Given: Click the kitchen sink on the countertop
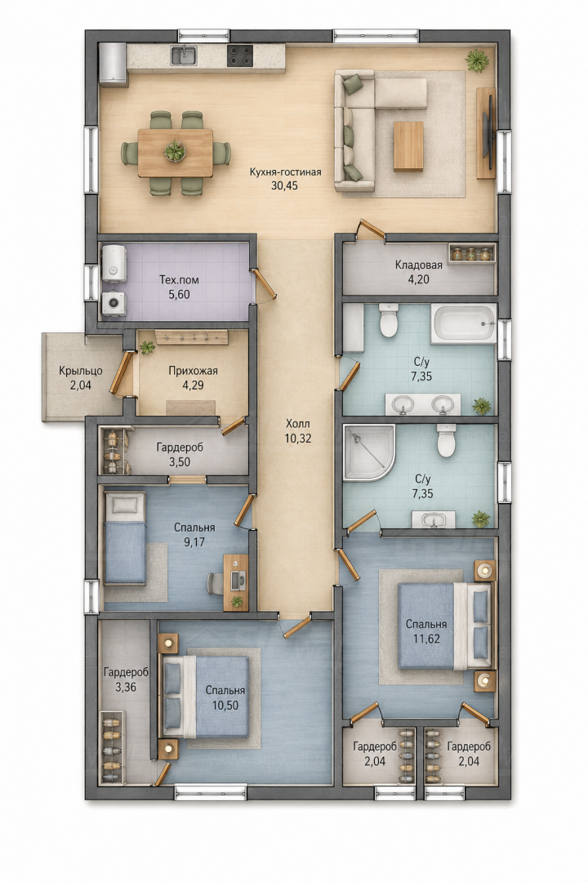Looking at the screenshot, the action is point(184,56).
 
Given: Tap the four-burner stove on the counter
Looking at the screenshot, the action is point(240,56).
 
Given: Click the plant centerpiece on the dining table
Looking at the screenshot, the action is point(175,151).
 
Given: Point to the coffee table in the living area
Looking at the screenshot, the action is point(408,146).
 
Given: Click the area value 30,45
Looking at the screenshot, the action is point(285,185).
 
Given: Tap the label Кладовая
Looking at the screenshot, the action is point(419,265).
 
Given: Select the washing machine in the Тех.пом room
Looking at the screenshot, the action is point(114,303).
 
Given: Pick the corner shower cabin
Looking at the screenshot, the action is point(368,452).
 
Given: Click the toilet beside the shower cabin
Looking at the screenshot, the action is point(446,440).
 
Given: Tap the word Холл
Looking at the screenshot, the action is point(297,424).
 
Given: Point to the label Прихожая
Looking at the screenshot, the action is point(193,371).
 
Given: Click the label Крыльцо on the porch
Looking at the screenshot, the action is point(81,372).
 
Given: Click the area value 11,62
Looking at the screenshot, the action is point(426,639).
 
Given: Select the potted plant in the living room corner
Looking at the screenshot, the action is point(477,60).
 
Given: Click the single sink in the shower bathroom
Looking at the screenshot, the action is point(434,519).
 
